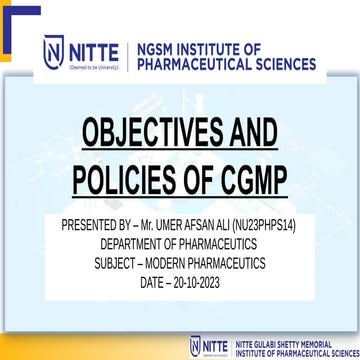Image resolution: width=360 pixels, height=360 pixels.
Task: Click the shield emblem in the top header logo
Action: (x=54, y=52)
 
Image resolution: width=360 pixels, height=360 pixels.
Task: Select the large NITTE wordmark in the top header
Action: (x=94, y=49)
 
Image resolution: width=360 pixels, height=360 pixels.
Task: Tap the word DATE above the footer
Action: (x=156, y=284)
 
